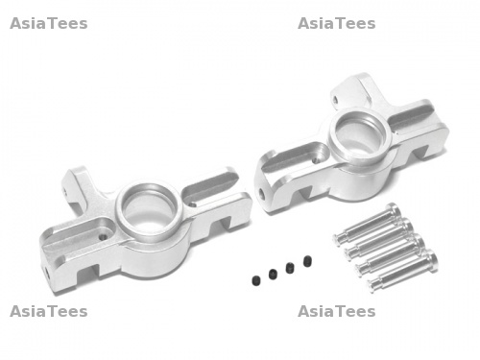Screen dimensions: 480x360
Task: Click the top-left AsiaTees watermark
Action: pos(49,24)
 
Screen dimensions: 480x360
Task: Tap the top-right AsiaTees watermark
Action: pos(337,24)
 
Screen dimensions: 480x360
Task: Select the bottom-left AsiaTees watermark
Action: pos(49,311)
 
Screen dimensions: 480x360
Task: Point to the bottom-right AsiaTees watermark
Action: pos(337,311)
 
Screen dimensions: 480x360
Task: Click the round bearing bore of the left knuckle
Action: pos(149,210)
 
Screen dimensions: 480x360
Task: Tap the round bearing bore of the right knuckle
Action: pos(361,135)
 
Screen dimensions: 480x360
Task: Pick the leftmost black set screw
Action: pos(255,280)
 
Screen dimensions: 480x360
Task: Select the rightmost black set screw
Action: pos(307,261)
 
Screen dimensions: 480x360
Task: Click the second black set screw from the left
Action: pos(273,274)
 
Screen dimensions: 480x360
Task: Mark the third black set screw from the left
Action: pos(290,268)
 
